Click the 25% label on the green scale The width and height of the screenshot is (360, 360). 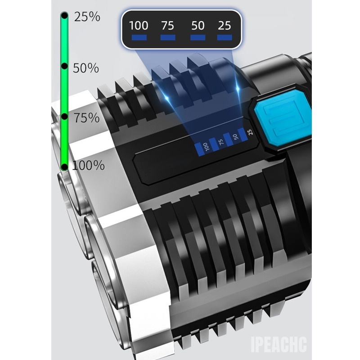point(87,17)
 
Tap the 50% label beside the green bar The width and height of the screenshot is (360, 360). point(86,68)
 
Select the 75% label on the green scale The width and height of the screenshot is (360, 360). point(86,118)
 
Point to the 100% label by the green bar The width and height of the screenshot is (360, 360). point(88,165)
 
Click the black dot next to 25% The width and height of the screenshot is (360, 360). point(65,16)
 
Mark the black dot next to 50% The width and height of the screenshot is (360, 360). point(65,66)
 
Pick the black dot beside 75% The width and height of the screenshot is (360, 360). point(65,117)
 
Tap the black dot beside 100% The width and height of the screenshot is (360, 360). point(65,166)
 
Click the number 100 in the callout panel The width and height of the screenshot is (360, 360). point(139,26)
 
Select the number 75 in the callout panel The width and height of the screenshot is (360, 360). point(167,26)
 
